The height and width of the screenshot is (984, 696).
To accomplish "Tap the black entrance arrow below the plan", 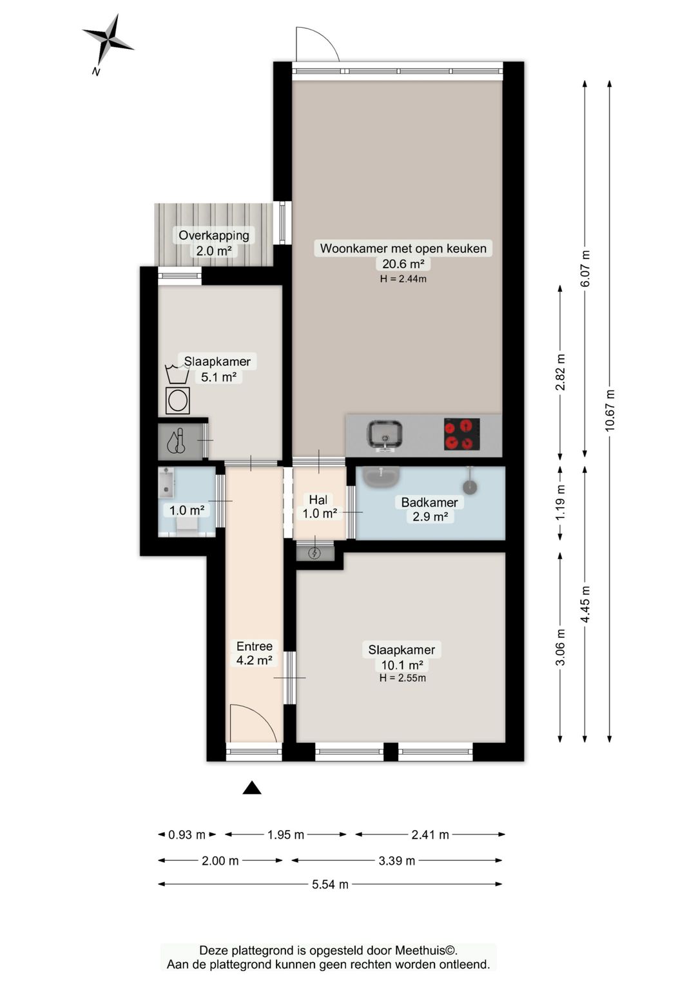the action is [x=252, y=788].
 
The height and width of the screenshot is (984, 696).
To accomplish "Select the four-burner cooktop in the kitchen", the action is [x=461, y=434].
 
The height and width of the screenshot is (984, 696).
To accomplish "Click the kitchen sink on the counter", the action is [x=385, y=435].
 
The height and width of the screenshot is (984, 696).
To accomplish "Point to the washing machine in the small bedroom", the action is [x=177, y=401].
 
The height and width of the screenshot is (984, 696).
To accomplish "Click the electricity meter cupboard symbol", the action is [x=314, y=554].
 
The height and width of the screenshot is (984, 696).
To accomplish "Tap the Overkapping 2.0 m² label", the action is [x=214, y=242].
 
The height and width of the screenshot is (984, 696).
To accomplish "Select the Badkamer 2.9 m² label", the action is [x=430, y=509].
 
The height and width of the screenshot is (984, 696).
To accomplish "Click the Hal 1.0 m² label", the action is [x=320, y=506].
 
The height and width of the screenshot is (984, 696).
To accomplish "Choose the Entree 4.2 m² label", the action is [x=255, y=653].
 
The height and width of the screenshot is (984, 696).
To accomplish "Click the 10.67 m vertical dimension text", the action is [x=610, y=410].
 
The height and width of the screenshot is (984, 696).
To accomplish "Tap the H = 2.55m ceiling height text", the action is [x=403, y=678].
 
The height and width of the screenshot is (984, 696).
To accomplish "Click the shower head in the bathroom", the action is [x=470, y=487].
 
